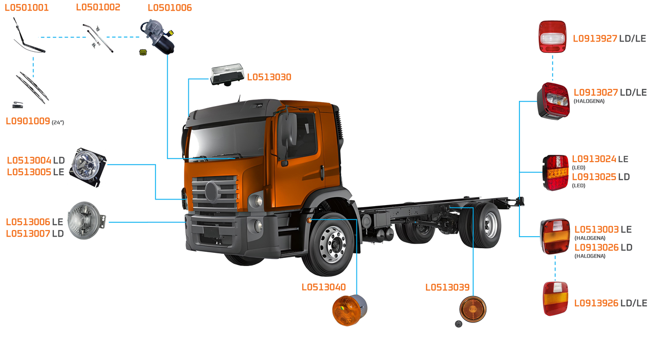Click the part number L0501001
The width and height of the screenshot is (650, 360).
pos(27,8)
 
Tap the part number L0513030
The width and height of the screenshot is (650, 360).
pos(269,77)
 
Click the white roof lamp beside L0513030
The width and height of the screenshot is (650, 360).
pos(227,74)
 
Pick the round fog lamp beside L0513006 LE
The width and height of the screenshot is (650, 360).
pos(85,221)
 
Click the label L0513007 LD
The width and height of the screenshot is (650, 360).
pos(35,234)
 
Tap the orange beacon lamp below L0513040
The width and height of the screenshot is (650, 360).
pos(349,309)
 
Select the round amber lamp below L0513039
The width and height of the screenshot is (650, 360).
pos(473,308)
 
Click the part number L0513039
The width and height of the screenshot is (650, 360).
pos(447,287)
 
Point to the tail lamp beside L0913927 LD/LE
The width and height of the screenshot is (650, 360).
pos(552,37)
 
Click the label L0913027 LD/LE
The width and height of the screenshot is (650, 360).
pos(610,92)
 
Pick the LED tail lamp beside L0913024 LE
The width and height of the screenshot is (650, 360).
pos(556,173)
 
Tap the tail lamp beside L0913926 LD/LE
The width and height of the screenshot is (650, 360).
pos(555,299)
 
